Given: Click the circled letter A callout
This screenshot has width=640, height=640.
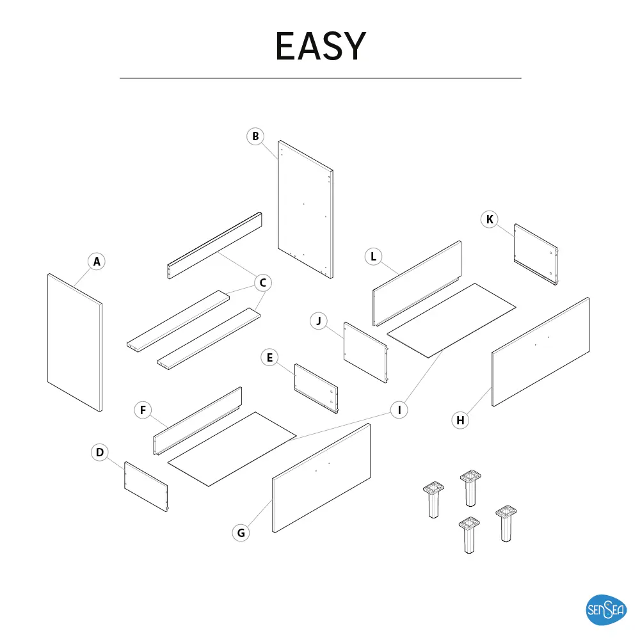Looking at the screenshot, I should coord(97,261).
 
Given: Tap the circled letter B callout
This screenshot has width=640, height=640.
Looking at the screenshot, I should coord(255,136).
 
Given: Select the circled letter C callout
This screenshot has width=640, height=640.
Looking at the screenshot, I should coord(262,282).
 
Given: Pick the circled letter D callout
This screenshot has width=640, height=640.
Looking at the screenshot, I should coord(100,453).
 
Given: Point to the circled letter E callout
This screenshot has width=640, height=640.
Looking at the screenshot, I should coord(270,358).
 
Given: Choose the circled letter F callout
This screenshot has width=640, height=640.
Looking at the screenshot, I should coord(143,410).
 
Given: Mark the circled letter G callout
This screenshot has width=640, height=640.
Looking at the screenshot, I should coord(241,532).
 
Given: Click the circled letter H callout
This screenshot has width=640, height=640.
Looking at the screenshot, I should coord(460,420).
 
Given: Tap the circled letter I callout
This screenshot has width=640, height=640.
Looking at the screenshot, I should coord(399,410).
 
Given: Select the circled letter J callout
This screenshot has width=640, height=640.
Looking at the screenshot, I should coord(319,320).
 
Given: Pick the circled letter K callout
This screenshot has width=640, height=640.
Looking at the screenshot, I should coord(490,220).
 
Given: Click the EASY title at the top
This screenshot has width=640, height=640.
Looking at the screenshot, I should coord(320,46).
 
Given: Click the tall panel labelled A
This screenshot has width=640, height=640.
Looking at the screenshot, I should coord(75,342).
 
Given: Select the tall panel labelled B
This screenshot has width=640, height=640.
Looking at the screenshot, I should coord(306,209).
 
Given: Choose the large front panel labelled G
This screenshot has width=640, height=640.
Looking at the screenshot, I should coord(322,477).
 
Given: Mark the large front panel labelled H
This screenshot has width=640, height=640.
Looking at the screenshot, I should coord(541,351).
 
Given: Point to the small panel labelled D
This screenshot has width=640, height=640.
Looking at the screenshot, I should coord(146,486).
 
